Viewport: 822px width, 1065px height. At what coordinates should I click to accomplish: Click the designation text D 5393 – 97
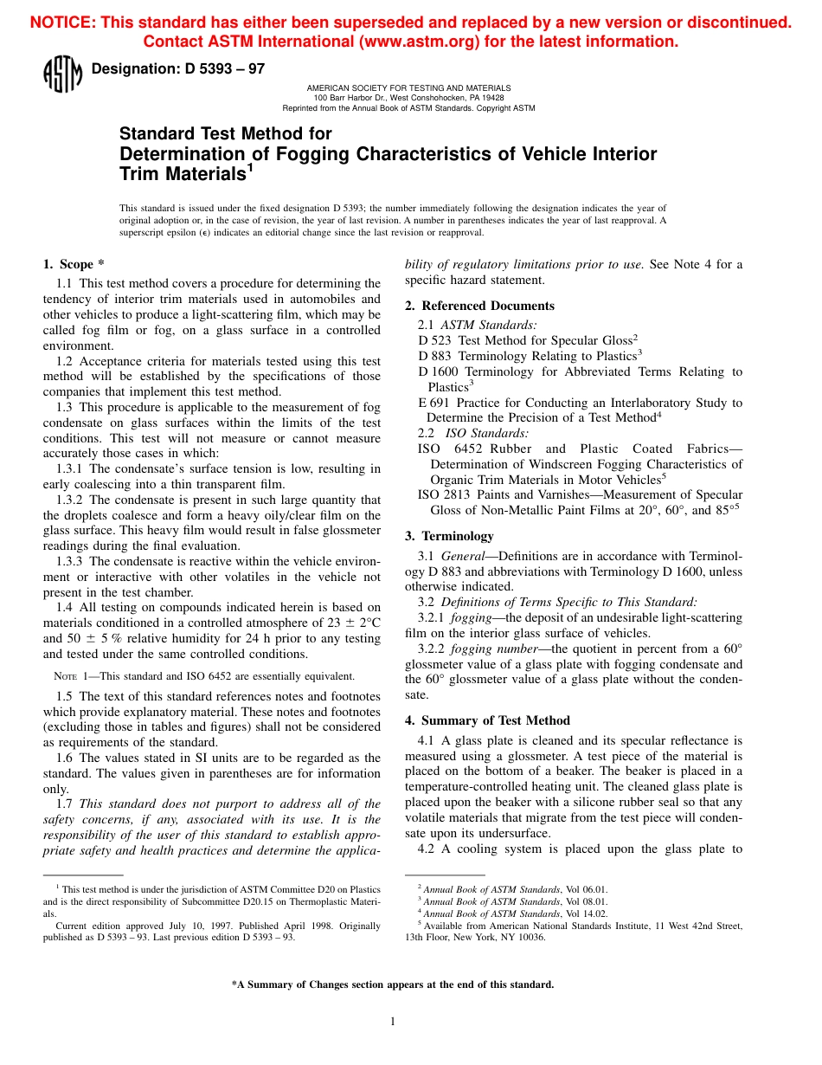pyautogui.click(x=177, y=69)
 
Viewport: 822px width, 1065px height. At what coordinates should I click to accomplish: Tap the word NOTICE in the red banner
pyautogui.click(x=62, y=23)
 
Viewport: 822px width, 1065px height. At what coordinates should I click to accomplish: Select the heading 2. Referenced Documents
pyautogui.click(x=479, y=306)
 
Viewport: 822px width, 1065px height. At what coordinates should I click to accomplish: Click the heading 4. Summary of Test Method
pyautogui.click(x=487, y=720)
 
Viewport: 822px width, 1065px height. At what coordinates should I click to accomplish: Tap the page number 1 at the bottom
pyautogui.click(x=392, y=1022)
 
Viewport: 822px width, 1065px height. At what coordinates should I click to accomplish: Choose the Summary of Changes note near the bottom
pyautogui.click(x=392, y=984)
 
